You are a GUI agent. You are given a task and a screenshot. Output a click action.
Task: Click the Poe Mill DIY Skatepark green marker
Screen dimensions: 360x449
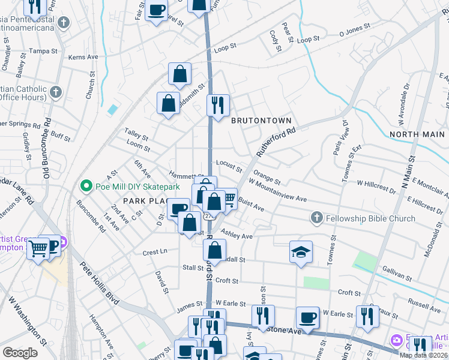coord(86,186)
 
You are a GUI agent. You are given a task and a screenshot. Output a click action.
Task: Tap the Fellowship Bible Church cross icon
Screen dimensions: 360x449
coord(318,217)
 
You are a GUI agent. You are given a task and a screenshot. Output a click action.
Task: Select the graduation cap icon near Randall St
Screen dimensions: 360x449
coord(301,251)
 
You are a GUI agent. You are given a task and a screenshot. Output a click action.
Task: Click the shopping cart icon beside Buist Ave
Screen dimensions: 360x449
coord(228,198)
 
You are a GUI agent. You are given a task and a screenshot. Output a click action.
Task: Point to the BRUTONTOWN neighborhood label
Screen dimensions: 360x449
coord(261,120)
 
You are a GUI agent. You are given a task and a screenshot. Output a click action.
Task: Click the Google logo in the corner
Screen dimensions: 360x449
coord(20,353)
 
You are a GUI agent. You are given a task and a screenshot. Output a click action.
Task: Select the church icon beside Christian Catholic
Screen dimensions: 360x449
coord(56,92)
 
